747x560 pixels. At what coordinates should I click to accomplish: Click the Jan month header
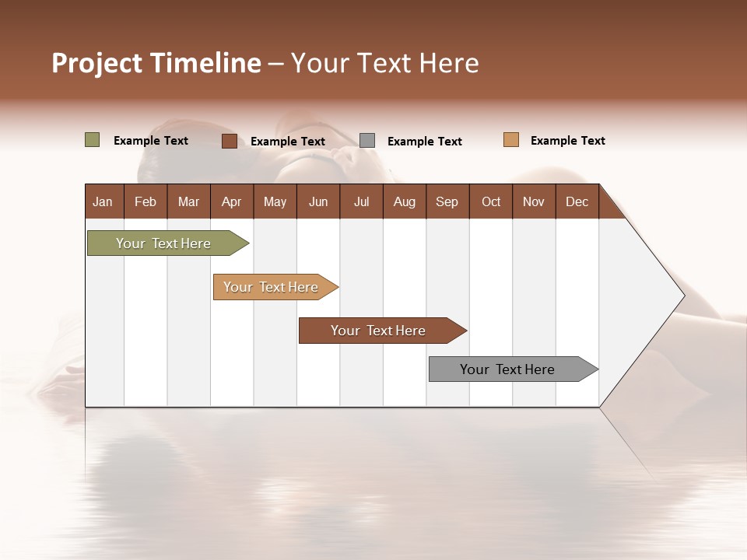[x=103, y=201]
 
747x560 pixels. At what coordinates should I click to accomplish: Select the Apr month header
[x=231, y=201]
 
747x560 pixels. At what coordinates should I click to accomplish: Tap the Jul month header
[x=361, y=201]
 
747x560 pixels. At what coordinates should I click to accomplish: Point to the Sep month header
[x=447, y=201]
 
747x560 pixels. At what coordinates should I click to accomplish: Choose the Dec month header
[x=577, y=201]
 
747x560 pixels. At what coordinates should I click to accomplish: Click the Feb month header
[x=146, y=201]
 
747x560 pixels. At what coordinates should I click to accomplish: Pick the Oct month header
[x=491, y=201]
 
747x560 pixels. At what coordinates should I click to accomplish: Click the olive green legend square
[x=92, y=140]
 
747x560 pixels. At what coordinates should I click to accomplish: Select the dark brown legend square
[x=229, y=141]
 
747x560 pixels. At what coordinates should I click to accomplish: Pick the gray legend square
[x=367, y=141]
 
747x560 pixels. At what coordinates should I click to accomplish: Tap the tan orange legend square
[x=510, y=140]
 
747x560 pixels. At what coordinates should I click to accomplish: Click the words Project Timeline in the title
[x=156, y=63]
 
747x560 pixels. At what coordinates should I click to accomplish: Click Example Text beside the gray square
[x=424, y=142]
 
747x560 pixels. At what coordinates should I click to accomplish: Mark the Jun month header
[x=318, y=201]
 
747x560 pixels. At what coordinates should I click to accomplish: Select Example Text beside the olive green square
[x=150, y=141]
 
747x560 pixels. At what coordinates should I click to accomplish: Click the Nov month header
[x=534, y=201]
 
